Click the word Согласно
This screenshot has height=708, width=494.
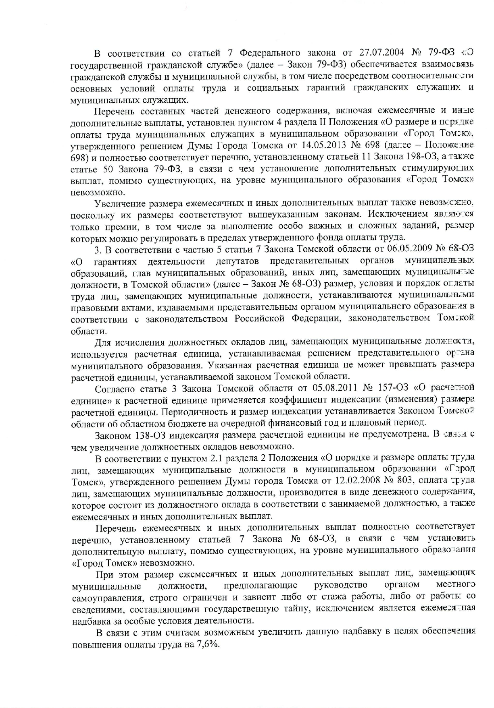(x=114, y=388)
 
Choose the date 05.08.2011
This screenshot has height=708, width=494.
(x=336, y=388)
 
